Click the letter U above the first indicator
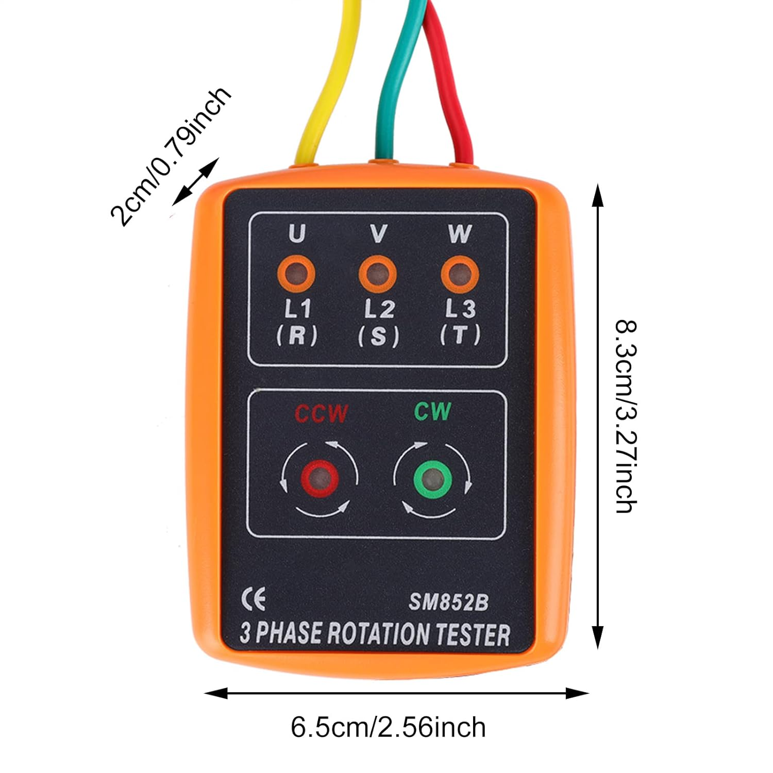click(297, 233)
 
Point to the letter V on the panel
click(379, 234)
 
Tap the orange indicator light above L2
click(378, 274)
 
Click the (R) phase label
click(297, 336)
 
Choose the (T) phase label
click(460, 335)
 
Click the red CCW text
click(321, 414)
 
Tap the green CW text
click(433, 412)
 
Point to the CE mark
click(254, 600)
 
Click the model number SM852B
click(448, 602)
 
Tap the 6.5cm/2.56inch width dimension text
click(388, 728)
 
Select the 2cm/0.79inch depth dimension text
click(170, 157)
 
